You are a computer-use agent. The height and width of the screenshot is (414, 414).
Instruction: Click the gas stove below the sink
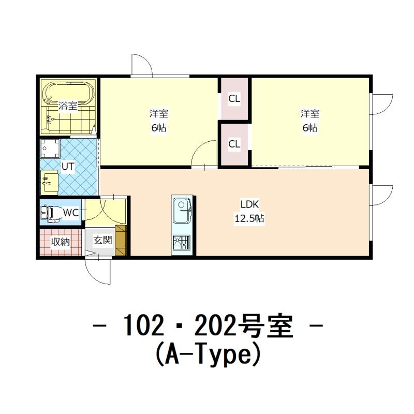pos(182,244)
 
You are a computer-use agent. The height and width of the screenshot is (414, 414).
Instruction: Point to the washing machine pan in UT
pos(50,149)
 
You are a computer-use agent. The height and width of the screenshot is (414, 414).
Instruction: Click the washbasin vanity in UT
pos(49,182)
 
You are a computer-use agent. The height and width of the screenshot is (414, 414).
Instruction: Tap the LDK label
pos(250,204)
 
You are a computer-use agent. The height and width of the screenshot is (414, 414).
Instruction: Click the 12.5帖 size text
pos(249,218)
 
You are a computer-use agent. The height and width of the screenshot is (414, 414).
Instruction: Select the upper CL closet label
pos(234,99)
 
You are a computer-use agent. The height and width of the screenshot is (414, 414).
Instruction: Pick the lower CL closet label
pos(234,144)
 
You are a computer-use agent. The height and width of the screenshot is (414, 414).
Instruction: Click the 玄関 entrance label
pos(102,240)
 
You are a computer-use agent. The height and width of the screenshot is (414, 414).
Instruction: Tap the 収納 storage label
pos(61,242)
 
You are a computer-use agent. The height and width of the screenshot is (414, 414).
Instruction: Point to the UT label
pos(68,167)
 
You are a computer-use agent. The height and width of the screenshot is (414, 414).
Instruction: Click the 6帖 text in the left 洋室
pos(159,128)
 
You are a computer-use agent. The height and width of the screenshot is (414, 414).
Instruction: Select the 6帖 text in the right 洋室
pos(310,128)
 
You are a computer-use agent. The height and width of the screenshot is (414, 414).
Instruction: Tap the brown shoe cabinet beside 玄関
pos(121,241)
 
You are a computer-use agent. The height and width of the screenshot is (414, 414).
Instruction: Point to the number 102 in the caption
pos(143,326)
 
